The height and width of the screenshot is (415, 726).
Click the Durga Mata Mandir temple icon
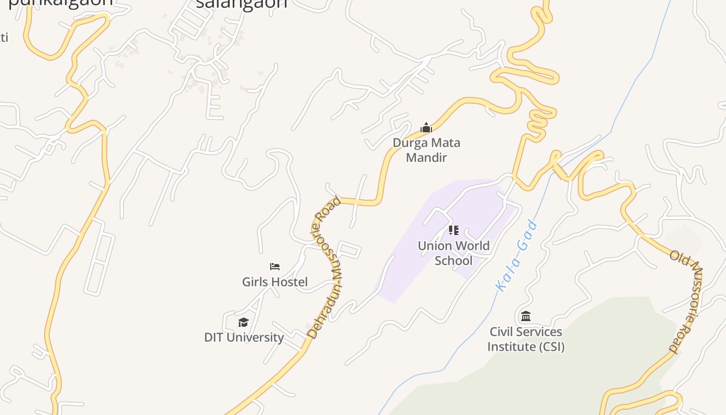426,128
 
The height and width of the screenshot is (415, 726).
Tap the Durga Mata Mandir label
426,150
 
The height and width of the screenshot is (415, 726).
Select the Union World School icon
454,230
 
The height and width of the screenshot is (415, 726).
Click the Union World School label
454,253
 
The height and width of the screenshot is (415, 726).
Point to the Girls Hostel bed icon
275,267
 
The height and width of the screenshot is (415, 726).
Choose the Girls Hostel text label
275,282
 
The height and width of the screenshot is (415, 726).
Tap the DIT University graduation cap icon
244,323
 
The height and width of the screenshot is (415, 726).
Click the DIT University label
244,337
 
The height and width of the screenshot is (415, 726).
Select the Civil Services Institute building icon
526,316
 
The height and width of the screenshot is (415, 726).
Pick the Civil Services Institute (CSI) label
526,339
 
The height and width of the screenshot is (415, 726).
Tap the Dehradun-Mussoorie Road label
326,267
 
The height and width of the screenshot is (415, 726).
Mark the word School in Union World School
454,260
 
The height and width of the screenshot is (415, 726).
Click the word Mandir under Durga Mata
426,158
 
